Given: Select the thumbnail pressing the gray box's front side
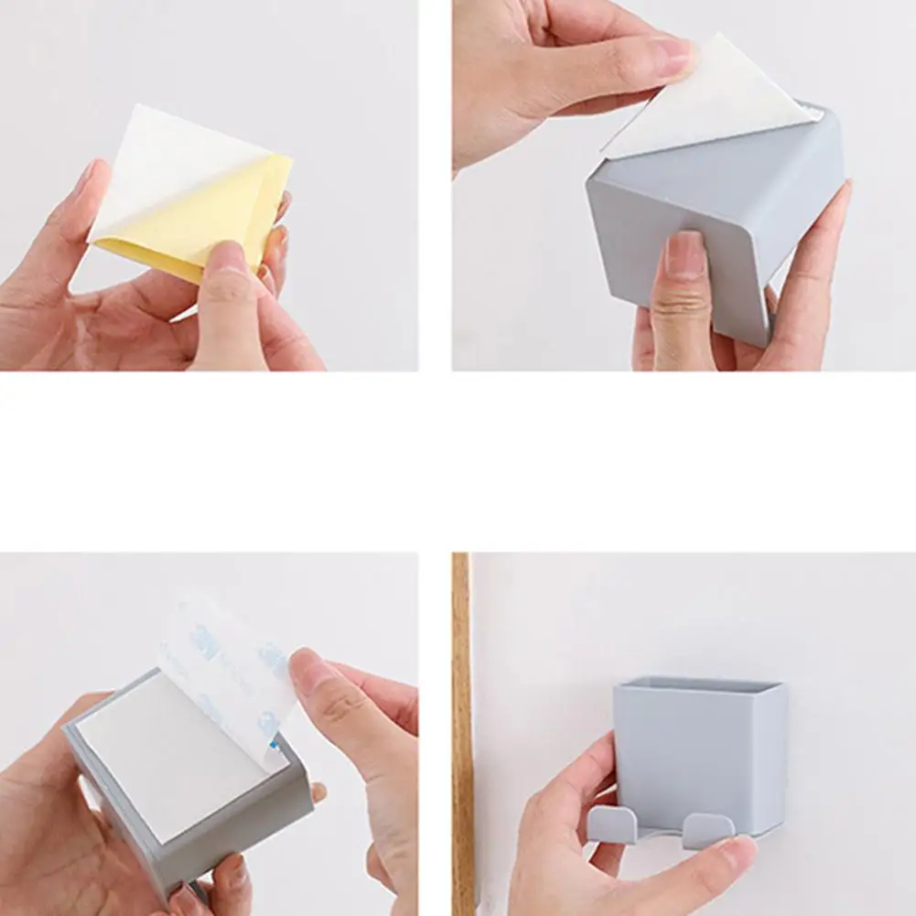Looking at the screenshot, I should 684,255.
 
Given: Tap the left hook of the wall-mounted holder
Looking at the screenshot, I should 609,824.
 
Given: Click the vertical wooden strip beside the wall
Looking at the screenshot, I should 461,732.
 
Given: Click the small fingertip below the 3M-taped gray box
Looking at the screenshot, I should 318,792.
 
